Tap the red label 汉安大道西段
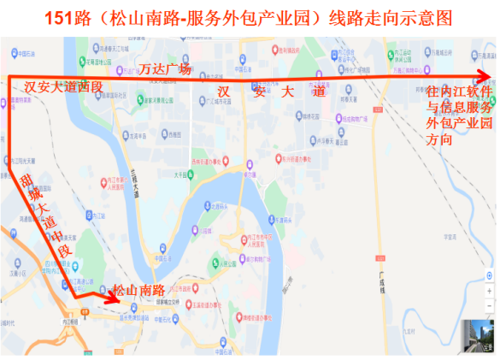point(62,86)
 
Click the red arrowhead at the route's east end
point(484,76)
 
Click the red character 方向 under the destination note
point(439,138)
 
